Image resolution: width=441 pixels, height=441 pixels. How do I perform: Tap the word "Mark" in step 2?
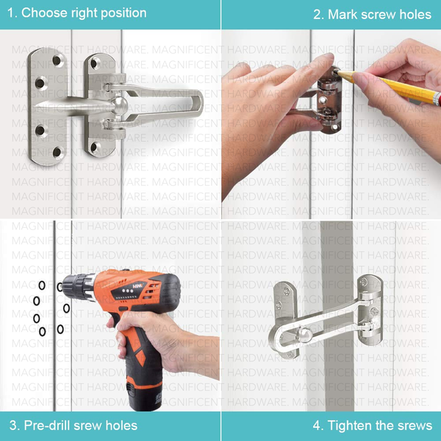point(343,15)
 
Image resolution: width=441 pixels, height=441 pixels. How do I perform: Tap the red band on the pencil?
point(437,98)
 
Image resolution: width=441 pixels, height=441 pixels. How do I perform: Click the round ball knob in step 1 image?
point(120,105)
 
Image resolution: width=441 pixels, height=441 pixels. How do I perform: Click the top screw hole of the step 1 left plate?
point(57,60)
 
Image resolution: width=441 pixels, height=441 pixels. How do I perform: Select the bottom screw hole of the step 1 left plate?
point(57,152)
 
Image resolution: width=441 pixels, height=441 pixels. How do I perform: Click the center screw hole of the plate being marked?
point(323,100)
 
